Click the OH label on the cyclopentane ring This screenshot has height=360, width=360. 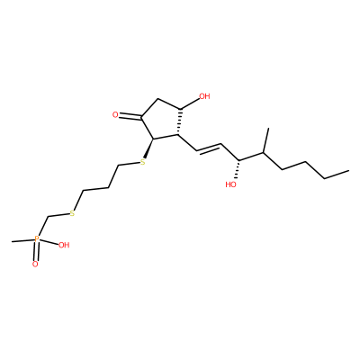click(x=204, y=96)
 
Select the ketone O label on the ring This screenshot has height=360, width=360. click(x=115, y=115)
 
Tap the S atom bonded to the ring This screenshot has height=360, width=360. click(x=143, y=162)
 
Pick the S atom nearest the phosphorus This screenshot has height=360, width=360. click(x=72, y=213)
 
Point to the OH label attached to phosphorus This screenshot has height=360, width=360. click(x=64, y=245)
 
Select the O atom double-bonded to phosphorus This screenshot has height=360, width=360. click(x=35, y=265)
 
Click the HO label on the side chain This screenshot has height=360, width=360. click(x=231, y=184)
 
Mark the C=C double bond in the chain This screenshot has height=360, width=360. click(x=209, y=148)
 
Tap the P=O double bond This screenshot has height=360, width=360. click(x=36, y=252)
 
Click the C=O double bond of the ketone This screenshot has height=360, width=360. click(x=130, y=115)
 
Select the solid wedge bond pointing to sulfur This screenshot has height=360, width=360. click(x=148, y=148)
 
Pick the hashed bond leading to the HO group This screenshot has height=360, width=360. click(x=238, y=169)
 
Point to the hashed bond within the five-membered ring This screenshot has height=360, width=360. click(x=179, y=122)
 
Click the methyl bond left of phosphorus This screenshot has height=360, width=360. click(x=22, y=240)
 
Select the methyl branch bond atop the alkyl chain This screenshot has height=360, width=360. click(x=266, y=140)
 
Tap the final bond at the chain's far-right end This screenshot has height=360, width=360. click(x=337, y=175)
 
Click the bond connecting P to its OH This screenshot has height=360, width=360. click(x=49, y=242)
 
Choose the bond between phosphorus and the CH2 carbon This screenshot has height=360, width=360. click(x=42, y=226)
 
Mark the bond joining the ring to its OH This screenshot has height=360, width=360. click(x=189, y=103)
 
